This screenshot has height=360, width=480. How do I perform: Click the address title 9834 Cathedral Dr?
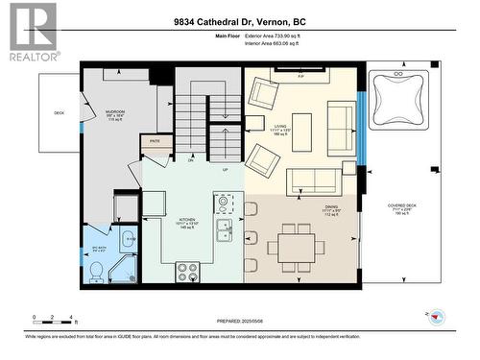tap(239, 21)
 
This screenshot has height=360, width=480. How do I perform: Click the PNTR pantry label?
tap(154, 141)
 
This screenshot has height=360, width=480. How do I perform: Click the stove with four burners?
tap(187, 272)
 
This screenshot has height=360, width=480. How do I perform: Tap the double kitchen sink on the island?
tap(224, 230)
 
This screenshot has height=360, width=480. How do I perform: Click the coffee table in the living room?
tap(301, 132)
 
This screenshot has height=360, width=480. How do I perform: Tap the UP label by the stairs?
tap(226, 169)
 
